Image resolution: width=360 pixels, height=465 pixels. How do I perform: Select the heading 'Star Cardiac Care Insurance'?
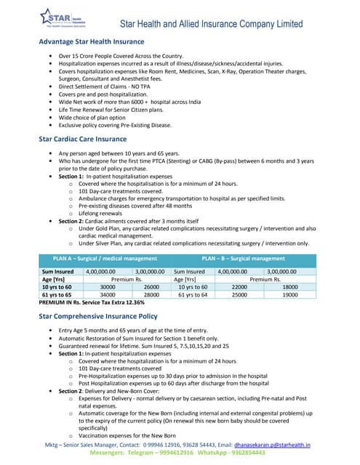[82, 138]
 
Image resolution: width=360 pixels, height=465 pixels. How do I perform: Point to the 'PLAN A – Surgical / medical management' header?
[105, 258]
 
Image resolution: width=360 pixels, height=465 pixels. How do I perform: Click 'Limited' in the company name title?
[286, 24]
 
